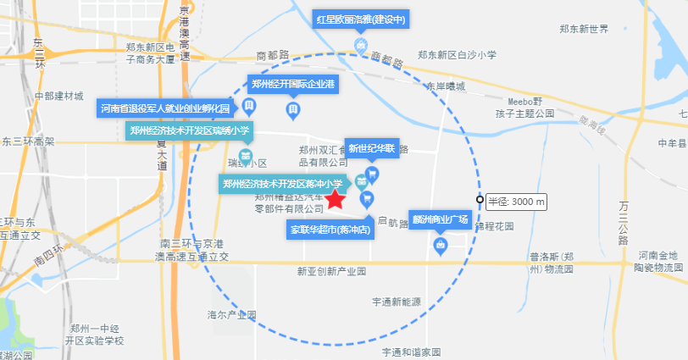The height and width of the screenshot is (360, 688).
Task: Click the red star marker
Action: tap(335, 200)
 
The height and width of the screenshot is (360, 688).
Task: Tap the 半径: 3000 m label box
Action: tap(516, 202)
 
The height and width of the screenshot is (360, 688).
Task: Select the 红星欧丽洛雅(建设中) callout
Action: tap(361, 19)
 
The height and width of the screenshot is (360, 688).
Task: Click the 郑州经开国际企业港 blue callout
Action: tap(292, 84)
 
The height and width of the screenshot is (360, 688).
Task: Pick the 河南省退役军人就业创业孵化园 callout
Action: tap(165, 108)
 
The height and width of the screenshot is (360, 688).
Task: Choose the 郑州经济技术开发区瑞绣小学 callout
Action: tap(190, 130)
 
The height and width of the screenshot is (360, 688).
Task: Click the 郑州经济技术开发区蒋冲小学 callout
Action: tap(283, 183)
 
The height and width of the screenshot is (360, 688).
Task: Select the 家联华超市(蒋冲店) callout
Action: tap(330, 229)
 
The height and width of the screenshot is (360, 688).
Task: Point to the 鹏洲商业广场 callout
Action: tap(439, 219)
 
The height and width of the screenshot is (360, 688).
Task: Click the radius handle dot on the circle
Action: tap(480, 200)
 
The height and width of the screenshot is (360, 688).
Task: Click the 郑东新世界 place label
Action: tap(584, 29)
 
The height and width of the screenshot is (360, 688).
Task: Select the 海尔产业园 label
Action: tap(231, 315)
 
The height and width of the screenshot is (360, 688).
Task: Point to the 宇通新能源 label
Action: tap(396, 301)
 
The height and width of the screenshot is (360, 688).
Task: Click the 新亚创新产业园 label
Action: tap(331, 271)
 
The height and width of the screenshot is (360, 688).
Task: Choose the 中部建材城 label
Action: tap(59, 95)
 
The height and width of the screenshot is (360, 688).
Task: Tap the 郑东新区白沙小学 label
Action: tap(456, 55)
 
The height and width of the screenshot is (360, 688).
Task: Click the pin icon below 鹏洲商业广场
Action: tap(440, 246)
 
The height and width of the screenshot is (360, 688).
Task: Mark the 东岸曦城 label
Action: tap(446, 86)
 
